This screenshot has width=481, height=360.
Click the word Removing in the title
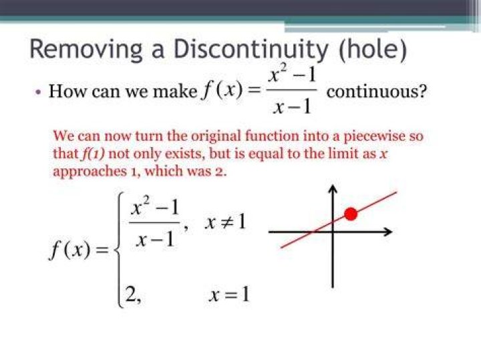click(x=86, y=49)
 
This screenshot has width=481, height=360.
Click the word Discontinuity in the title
click(x=251, y=49)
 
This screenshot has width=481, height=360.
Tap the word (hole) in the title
click(x=373, y=49)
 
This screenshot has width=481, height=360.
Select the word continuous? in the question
click(x=377, y=92)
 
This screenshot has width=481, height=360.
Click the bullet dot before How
click(x=38, y=92)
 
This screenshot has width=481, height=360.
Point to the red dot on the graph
click(x=351, y=214)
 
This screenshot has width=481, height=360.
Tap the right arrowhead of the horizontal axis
click(x=387, y=232)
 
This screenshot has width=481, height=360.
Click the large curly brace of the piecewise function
click(x=120, y=250)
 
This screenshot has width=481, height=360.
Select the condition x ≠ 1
click(x=226, y=222)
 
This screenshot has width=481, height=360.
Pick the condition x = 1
click(x=229, y=295)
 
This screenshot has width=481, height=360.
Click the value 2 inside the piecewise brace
click(x=131, y=295)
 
